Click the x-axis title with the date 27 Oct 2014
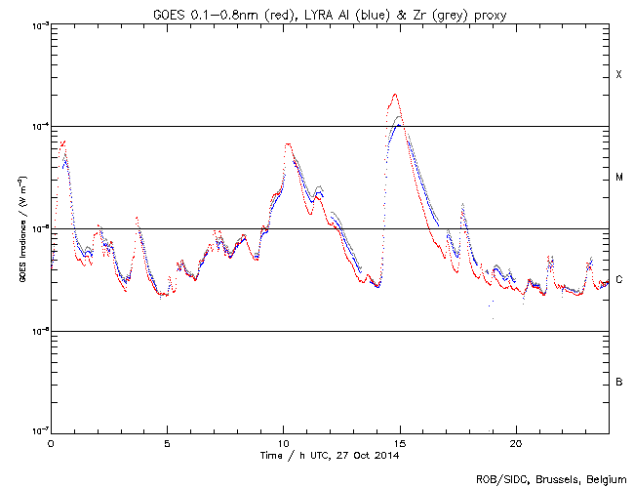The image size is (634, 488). pos(331,455)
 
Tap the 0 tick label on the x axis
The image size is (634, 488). pos(51,442)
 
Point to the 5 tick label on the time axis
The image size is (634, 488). pos(167,442)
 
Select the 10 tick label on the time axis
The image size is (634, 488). pos(283,442)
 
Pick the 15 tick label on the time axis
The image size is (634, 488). pos(400,442)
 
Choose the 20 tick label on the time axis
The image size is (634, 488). pos(516,442)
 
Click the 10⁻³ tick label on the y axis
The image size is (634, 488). pos(38,24)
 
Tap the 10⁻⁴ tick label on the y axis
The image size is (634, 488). pos(38,127)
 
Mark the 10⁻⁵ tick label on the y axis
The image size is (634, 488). pos(38,228)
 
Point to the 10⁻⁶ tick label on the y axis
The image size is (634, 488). pos(38,331)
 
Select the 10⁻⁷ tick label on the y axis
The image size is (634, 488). pos(38,432)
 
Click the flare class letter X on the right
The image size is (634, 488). pos(618,75)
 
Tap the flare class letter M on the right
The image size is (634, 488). pos(618,178)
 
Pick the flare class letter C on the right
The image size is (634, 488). pos(618,280)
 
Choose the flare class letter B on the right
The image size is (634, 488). pos(618,382)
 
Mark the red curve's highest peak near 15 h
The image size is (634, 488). pos(395,95)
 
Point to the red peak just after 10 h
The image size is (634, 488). pos(288,144)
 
